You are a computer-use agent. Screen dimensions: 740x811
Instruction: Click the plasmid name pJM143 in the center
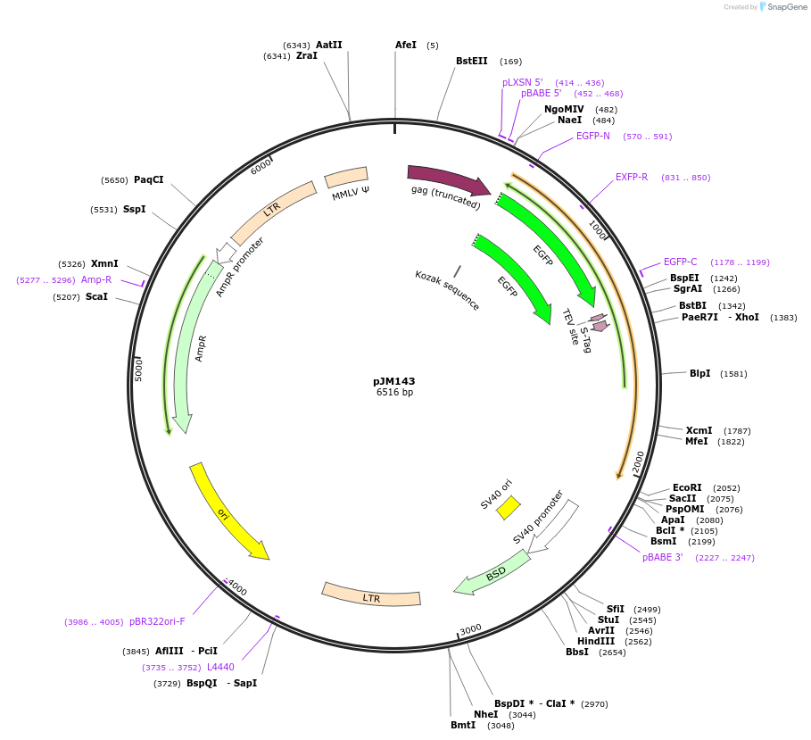[x=393, y=380]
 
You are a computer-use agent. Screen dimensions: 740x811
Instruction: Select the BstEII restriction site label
[x=471, y=62]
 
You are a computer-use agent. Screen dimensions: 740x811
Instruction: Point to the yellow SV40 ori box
[x=508, y=507]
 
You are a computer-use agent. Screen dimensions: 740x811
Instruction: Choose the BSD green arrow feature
[x=492, y=572]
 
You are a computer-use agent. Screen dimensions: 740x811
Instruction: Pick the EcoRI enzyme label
[x=687, y=487]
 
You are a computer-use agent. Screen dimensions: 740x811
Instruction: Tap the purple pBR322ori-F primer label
[x=157, y=621]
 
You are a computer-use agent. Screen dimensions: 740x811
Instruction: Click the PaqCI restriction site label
[x=148, y=179]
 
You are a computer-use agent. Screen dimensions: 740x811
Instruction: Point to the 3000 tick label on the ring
[x=470, y=629]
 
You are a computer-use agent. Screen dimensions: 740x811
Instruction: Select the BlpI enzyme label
[x=699, y=373]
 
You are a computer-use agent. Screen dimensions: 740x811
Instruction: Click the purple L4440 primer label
[x=220, y=667]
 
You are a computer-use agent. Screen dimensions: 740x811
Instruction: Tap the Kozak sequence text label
[x=447, y=290]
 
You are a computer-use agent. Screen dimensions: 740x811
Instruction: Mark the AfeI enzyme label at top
[x=406, y=45]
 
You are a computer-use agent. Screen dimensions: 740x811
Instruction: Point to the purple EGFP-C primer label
[x=680, y=262]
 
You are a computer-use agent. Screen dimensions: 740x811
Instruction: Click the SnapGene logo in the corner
[x=784, y=6]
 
